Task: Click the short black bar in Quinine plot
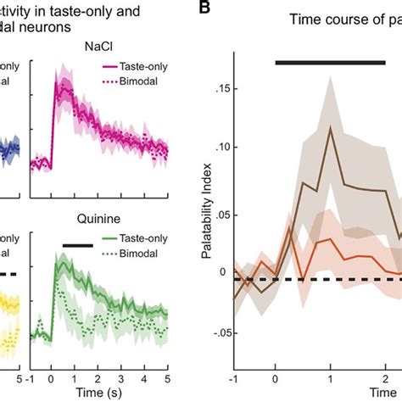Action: (x=77, y=245)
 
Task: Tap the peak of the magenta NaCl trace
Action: (x=57, y=88)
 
